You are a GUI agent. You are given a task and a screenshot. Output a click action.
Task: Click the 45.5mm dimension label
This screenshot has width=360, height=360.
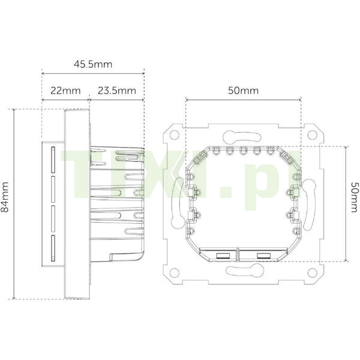pos(93,64)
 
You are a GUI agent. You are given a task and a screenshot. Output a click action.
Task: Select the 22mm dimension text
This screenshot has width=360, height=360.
pos(65,91)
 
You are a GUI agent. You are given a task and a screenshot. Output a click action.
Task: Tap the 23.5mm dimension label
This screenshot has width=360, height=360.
pos(117,91)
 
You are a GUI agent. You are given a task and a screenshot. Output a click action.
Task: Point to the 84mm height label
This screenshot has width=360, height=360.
pos(5,197)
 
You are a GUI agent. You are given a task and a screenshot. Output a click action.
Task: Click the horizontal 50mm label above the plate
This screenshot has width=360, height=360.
pos(243,91)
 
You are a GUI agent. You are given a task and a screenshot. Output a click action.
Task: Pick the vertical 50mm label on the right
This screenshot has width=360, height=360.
pos(355,197)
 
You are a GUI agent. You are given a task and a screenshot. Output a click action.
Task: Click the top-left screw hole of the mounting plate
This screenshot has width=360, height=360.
pos(175,135)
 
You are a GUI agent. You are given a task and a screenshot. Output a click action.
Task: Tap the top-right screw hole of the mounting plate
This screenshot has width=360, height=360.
pos(312,135)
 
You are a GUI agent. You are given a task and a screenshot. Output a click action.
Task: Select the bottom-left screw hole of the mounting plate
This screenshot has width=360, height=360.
pos(175,272)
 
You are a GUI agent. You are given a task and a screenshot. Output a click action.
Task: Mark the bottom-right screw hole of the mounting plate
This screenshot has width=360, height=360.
pos(312,272)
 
